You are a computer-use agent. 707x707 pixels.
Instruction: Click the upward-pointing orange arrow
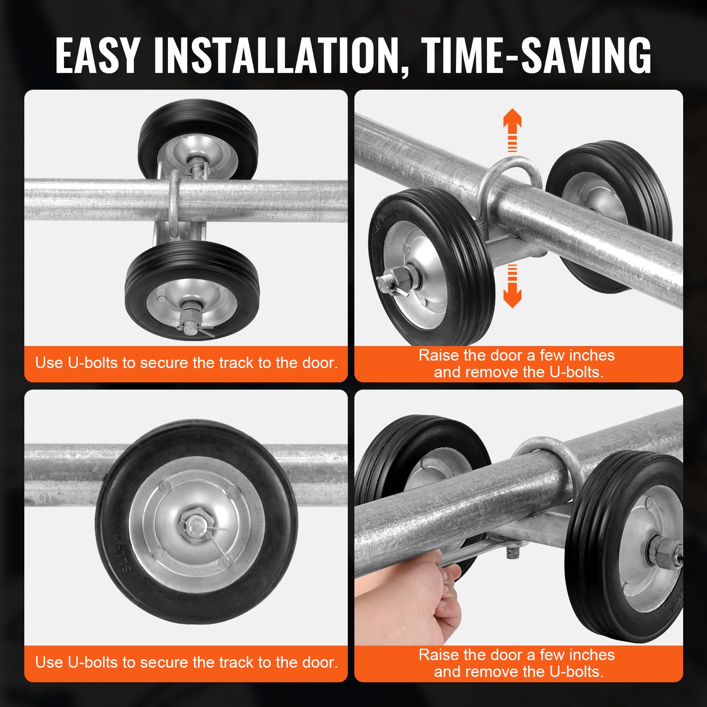point(512,128)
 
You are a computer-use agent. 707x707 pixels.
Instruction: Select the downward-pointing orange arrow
point(512,287)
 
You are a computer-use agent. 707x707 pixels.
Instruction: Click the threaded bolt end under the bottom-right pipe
point(513,552)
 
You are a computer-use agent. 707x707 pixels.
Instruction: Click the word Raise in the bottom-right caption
point(439,655)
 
